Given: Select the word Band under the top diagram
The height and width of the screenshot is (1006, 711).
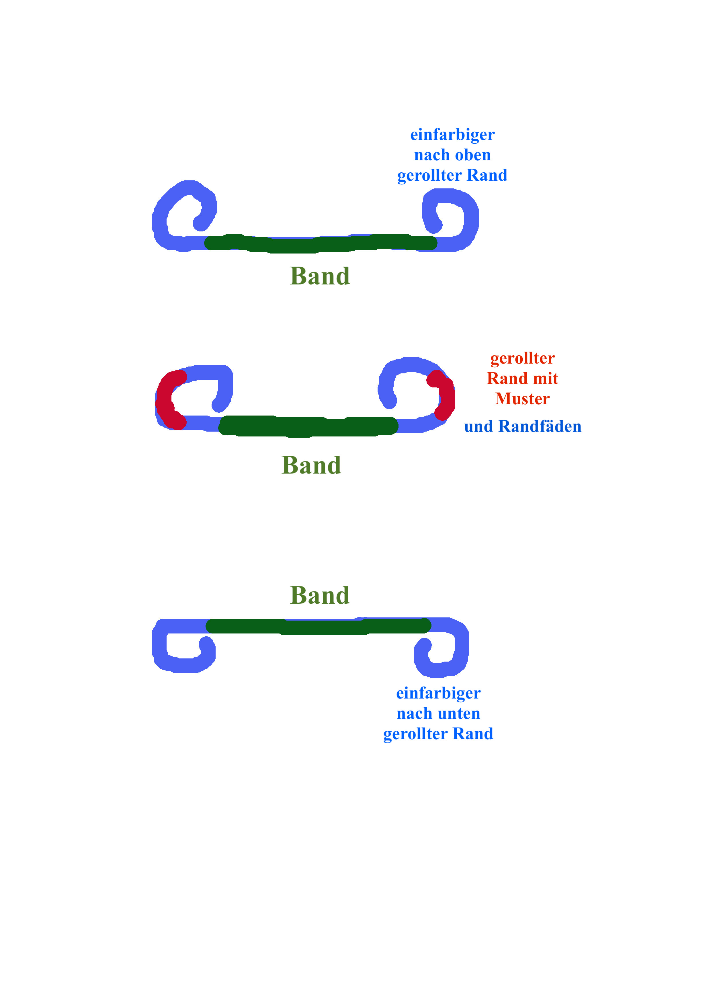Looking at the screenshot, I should coord(319,276).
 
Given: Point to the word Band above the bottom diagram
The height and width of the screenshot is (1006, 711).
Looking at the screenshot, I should coord(319,595).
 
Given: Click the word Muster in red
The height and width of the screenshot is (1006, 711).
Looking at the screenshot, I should coord(522,399).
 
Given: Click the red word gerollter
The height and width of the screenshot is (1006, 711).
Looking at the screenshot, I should coord(522,358).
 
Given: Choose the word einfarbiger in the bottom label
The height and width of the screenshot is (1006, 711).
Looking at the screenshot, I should coord(438,693).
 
